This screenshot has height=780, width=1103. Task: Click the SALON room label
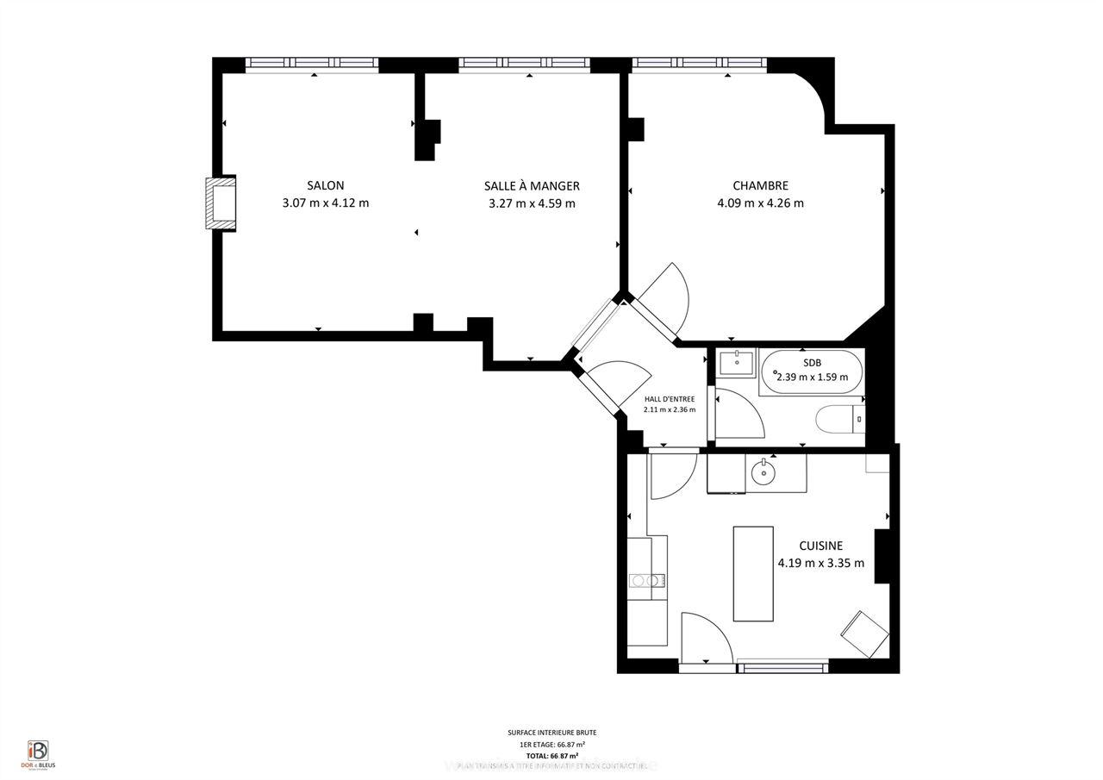point(325,185)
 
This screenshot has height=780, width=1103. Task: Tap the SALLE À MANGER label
point(532,185)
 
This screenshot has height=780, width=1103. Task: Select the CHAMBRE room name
point(760,185)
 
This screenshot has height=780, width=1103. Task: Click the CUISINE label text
point(820,546)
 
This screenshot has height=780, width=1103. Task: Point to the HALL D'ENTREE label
point(670,399)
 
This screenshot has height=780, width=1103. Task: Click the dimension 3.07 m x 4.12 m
point(325,203)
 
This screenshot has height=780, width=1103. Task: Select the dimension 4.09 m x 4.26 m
point(760,203)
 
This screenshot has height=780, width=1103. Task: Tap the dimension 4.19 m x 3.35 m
point(820,564)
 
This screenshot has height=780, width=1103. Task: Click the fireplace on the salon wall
point(221,203)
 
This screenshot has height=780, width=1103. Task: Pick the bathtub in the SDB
point(811,371)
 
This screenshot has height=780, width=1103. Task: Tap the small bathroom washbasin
point(737,362)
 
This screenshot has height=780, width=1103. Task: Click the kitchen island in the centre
point(753,573)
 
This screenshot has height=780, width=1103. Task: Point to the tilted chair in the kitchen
point(864,634)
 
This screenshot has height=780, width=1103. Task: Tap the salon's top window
point(312,63)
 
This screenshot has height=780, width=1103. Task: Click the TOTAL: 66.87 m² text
point(551,756)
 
